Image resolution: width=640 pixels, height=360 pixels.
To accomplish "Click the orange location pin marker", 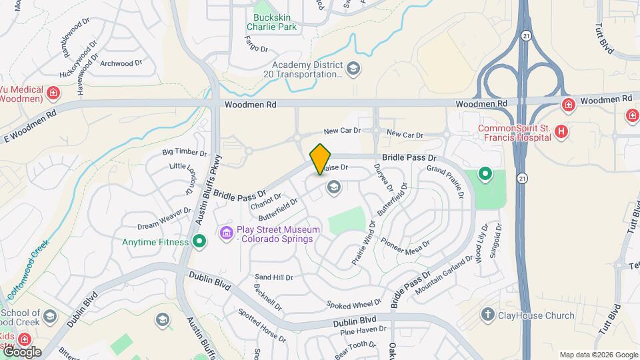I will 321,159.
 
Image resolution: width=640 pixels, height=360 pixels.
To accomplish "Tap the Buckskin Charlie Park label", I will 271,21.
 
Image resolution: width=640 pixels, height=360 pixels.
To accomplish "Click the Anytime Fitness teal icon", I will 198,241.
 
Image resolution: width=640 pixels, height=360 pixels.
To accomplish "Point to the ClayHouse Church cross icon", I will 488,315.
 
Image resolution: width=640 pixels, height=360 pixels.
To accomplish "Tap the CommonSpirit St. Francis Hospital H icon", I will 561,131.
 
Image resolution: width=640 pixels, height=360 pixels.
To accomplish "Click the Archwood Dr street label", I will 121,64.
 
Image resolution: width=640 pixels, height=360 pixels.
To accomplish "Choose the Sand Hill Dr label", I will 274,277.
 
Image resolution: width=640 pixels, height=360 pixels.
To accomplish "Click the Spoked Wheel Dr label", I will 354,305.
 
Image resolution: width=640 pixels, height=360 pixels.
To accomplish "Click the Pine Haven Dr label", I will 363,330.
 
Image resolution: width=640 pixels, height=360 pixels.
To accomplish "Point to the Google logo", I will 21,352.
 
